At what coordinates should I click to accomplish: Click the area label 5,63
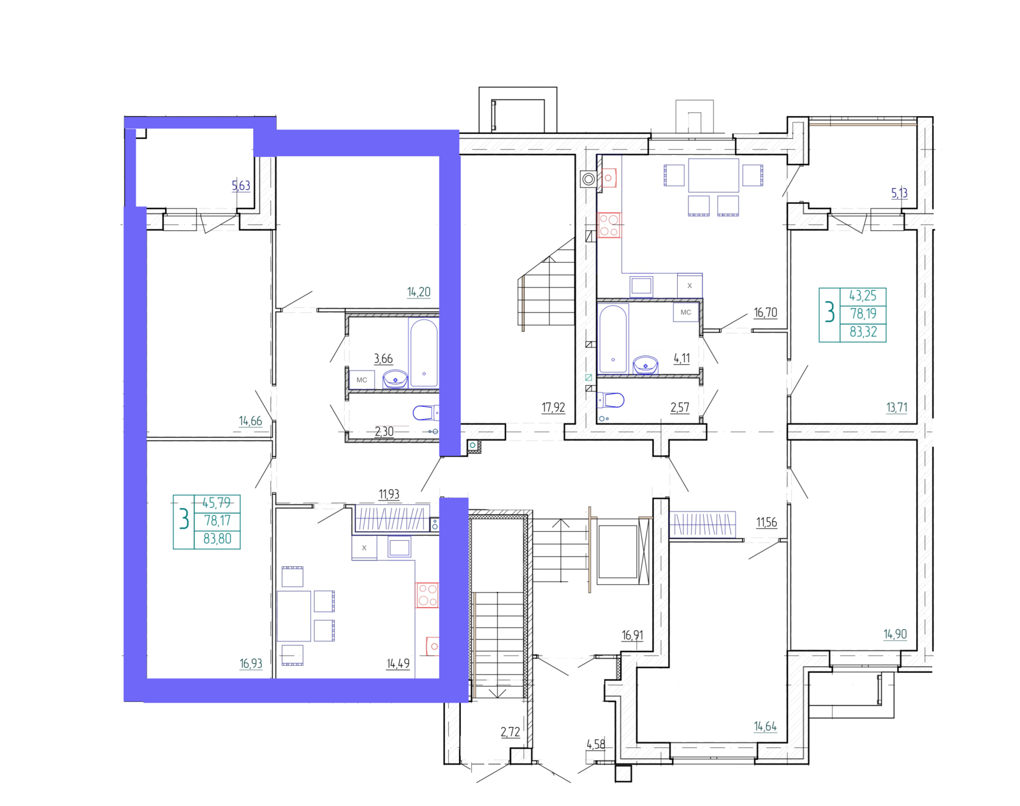pos(241,186)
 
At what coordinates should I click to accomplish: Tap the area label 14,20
pos(419,291)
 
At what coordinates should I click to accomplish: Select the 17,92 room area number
pos(553,407)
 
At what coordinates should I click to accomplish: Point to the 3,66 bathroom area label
pos(383,358)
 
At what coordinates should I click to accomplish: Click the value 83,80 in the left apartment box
pos(217,539)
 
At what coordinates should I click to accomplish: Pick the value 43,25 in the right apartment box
pos(863,295)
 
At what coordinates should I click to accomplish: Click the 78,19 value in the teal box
pos(863,313)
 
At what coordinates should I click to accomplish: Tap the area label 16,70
pos(766,312)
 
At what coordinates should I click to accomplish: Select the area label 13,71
pos(897,407)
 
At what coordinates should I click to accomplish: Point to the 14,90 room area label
pos(895,634)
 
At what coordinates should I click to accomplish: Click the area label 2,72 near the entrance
pos(510,732)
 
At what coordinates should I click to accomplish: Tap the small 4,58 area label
pos(596,744)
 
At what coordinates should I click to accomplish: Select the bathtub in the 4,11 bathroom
pos(613,339)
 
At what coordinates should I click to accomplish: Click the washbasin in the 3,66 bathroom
pos(395,379)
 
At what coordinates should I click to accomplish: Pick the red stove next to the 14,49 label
pos(427,595)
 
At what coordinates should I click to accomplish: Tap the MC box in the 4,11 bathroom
pos(686,312)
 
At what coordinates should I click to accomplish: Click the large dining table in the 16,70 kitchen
pos(713,175)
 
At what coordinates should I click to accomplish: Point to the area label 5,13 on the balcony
pos(899,193)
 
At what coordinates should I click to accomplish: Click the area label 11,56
pos(766,522)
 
